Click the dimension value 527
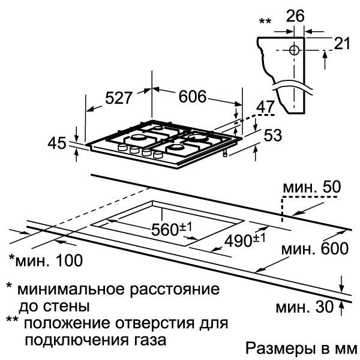point(119,98)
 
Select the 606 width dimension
point(193,97)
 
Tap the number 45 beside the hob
point(57,143)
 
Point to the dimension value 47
point(265,107)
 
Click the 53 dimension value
point(273,135)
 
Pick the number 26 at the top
point(295,16)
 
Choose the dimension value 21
point(342,43)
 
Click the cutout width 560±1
point(171,229)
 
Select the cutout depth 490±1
point(245,240)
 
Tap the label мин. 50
point(312,187)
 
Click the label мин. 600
point(315,248)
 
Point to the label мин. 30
point(304,307)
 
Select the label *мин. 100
point(46,260)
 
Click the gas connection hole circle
point(294,50)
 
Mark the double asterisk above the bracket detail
point(265,22)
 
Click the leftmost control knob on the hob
point(122,147)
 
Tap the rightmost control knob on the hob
point(158,155)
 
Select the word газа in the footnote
point(149,340)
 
